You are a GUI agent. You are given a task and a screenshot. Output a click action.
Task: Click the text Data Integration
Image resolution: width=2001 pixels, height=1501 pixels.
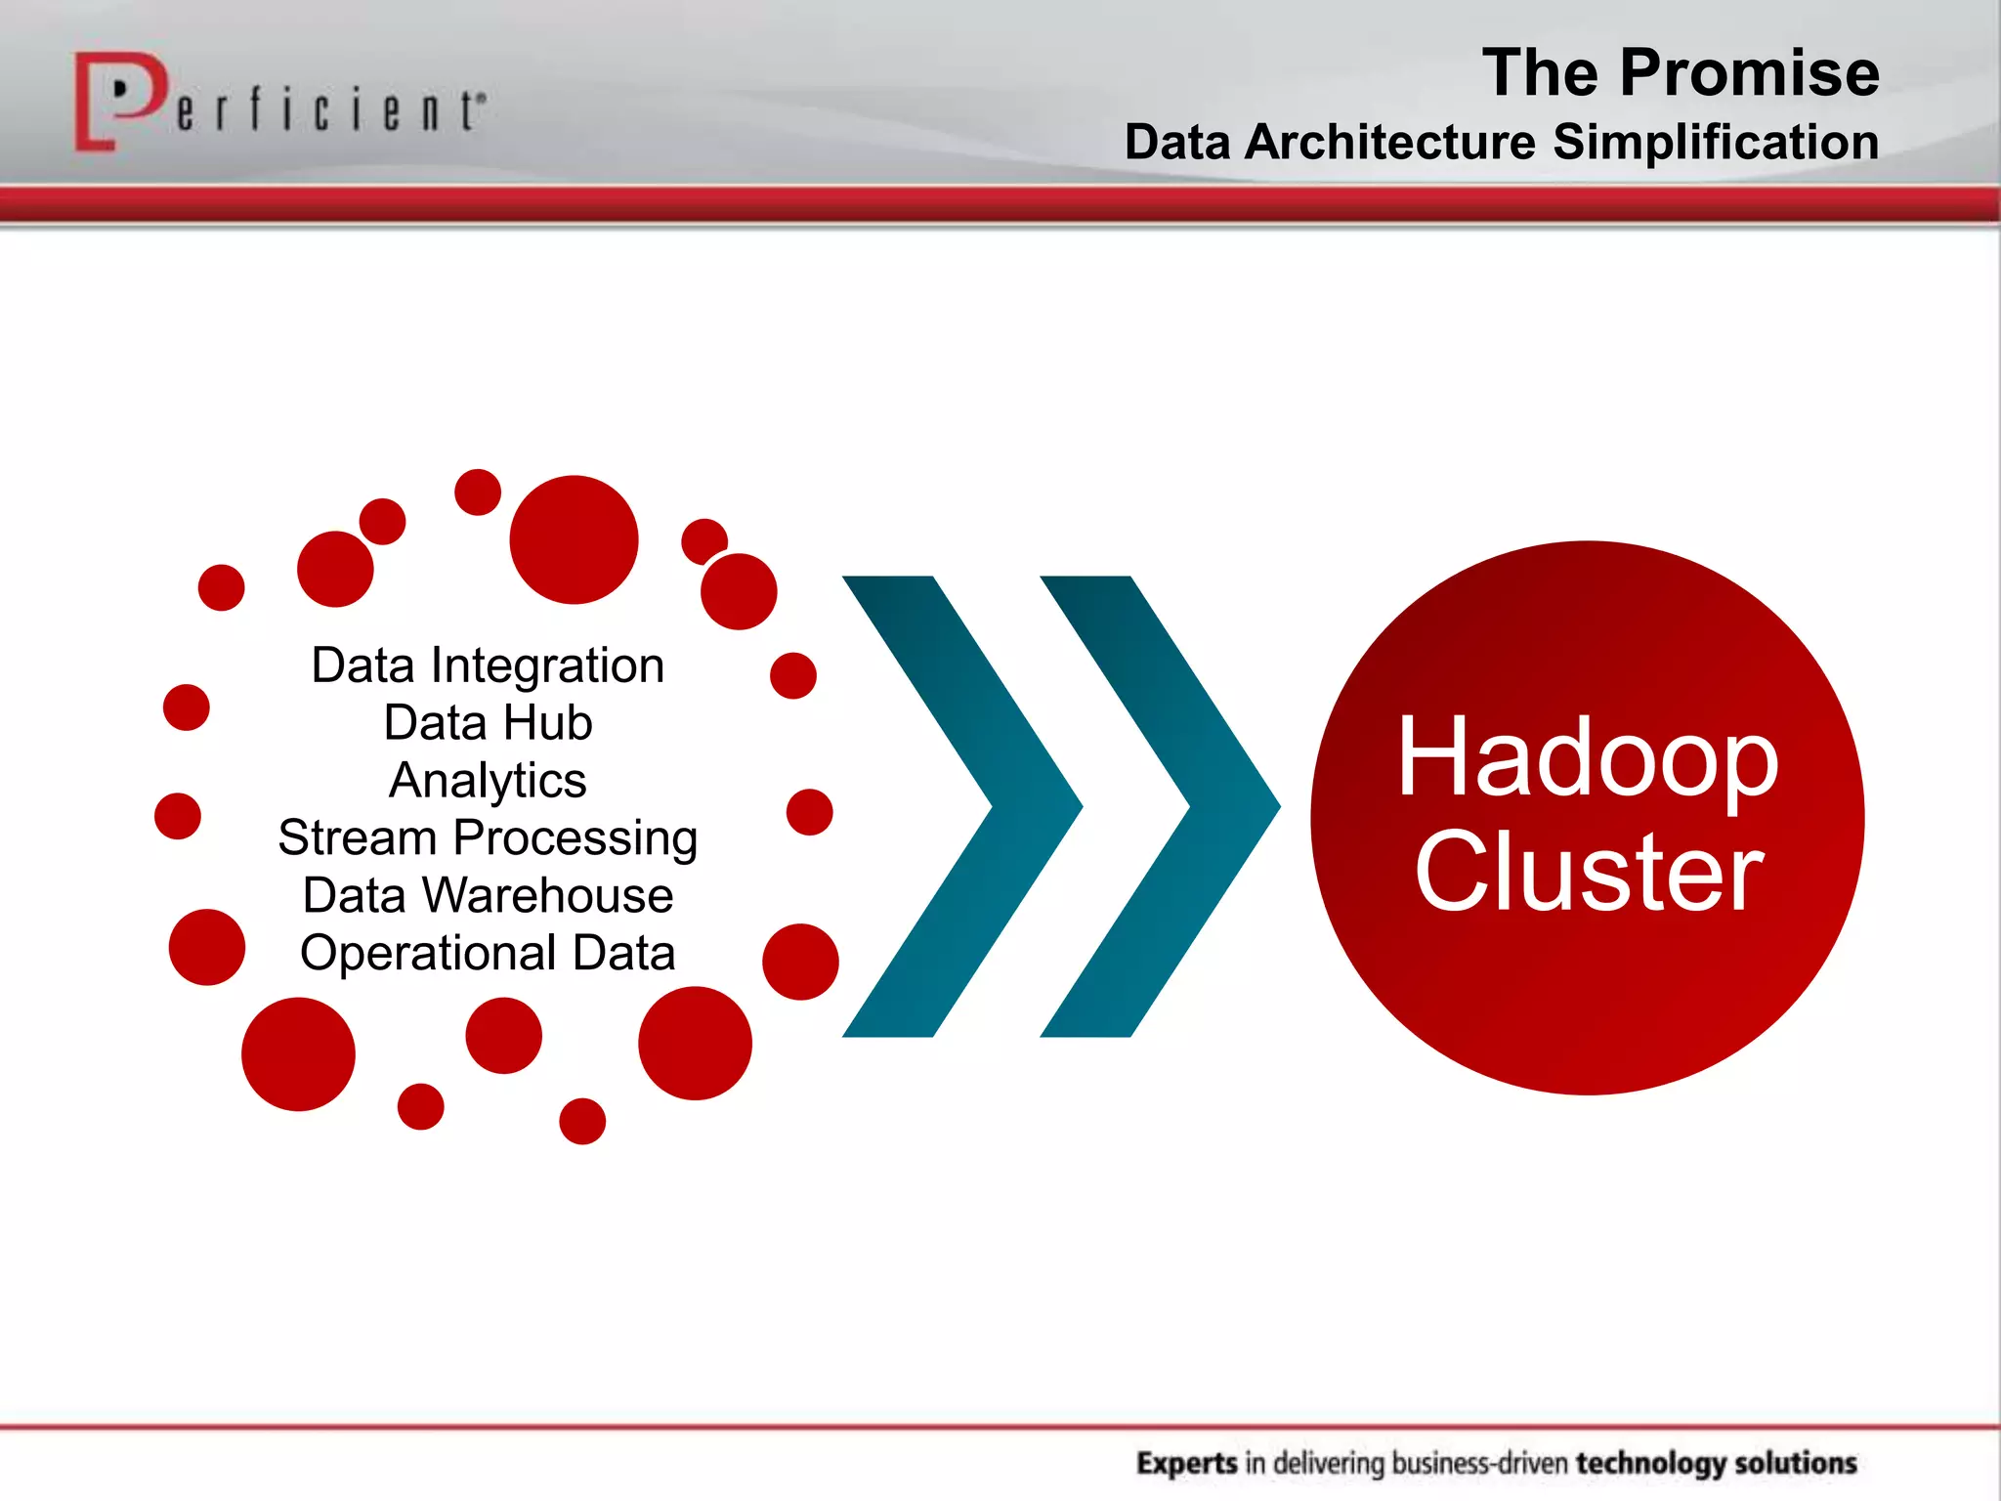pos(488,666)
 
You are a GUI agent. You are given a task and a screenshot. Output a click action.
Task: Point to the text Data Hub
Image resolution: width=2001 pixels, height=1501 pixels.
pos(488,723)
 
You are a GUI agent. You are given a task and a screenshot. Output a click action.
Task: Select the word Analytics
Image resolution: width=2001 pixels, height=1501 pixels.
pos(488,781)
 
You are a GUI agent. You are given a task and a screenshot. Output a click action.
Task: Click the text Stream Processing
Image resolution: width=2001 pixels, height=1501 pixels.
pos(488,838)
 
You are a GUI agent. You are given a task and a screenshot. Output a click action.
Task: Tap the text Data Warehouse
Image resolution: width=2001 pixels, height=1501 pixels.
pos(488,895)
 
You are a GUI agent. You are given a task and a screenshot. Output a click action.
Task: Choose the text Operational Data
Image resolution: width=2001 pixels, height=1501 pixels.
pos(488,953)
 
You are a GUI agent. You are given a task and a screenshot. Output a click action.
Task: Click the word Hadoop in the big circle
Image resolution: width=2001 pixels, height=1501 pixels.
pos(1587,757)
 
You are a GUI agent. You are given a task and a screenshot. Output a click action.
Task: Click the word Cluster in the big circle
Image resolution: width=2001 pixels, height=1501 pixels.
pos(1587,872)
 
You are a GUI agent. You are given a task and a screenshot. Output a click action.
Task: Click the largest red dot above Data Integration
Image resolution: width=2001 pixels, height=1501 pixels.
pos(574,539)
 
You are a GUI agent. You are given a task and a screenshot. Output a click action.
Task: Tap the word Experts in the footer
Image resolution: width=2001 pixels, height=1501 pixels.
pos(1186,1463)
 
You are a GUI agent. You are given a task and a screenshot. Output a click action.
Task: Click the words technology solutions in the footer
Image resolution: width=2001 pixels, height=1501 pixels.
pos(1716,1463)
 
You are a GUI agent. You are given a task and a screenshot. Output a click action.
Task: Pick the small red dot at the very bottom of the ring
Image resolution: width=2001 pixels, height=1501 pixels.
pos(582,1121)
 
